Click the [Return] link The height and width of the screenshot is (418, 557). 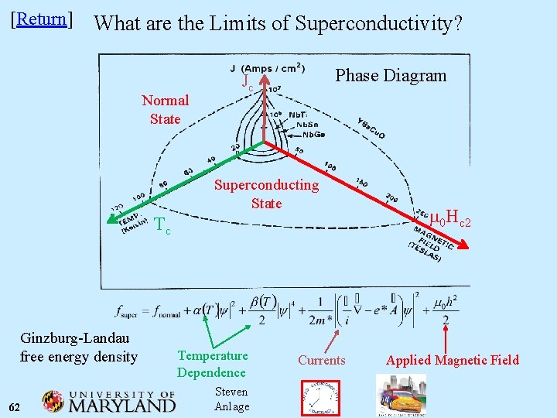[42, 19]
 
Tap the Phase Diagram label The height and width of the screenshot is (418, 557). [391, 75]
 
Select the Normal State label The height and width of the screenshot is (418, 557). [165, 109]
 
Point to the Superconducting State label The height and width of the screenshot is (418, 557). [266, 194]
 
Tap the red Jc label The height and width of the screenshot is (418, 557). [248, 81]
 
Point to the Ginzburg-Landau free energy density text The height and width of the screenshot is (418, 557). [79, 347]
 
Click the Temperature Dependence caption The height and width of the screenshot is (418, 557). [212, 364]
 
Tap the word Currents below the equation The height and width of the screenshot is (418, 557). [321, 360]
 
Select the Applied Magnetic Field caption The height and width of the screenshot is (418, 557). [453, 360]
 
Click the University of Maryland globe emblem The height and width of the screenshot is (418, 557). [53, 402]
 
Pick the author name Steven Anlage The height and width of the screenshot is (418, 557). [231, 399]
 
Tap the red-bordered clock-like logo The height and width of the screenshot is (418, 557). [320, 398]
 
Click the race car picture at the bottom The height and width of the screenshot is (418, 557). [400, 397]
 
